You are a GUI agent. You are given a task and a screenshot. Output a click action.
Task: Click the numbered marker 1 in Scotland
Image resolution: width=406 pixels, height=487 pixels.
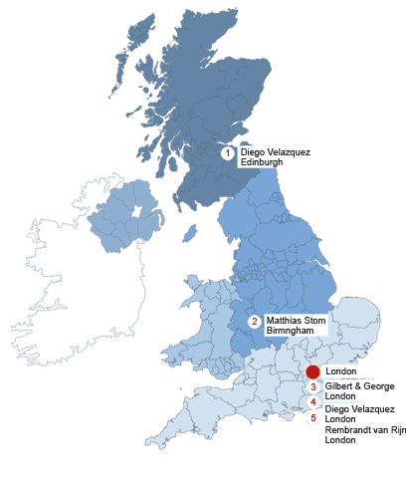click(227, 153)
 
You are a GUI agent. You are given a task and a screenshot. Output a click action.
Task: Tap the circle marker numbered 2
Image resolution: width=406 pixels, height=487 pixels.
click(255, 321)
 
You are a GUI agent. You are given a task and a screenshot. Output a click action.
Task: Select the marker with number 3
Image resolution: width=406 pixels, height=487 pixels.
click(313, 386)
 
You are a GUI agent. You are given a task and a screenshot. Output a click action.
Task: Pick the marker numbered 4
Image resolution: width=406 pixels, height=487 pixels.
click(313, 402)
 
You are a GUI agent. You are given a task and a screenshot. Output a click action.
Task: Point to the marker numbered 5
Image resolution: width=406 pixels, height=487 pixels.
click(313, 417)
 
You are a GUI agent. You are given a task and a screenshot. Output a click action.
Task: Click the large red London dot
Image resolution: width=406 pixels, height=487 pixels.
click(312, 371)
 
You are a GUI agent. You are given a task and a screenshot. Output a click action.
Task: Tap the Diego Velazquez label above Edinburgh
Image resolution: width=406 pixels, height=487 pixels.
click(276, 152)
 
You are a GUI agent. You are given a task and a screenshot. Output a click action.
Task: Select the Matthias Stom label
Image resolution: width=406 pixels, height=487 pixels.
click(297, 320)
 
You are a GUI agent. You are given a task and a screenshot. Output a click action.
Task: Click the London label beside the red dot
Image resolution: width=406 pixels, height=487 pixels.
click(341, 371)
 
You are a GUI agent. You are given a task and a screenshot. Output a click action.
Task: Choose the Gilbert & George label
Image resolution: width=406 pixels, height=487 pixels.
click(360, 385)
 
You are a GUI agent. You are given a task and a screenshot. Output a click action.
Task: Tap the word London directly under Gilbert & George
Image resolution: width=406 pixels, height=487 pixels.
click(340, 395)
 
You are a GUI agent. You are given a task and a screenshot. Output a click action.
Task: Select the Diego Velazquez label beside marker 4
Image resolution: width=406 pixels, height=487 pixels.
click(360, 409)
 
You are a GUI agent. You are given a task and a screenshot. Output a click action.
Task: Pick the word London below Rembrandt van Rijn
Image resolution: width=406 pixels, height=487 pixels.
click(340, 439)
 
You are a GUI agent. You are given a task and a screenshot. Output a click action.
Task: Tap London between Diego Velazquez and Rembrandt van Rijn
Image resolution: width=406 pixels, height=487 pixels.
click(340, 419)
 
